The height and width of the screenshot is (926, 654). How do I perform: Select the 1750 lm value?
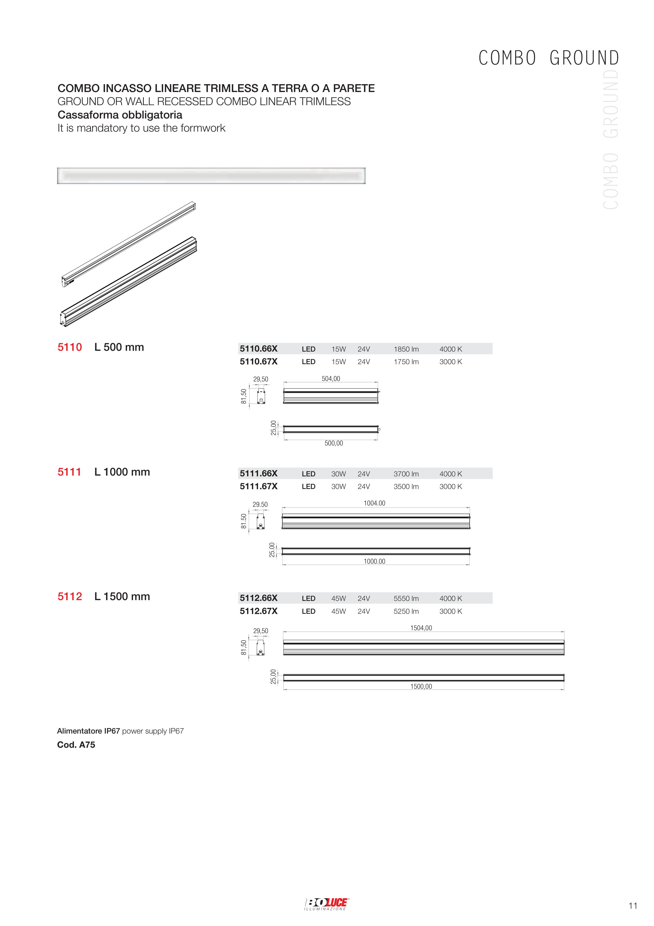pos(406,362)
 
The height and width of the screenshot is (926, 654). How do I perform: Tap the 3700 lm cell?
pos(406,474)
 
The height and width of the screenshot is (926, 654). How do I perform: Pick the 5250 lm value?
pos(406,611)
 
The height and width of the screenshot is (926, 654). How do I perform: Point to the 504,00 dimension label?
pos(331,379)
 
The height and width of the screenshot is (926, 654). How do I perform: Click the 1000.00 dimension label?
pos(374,561)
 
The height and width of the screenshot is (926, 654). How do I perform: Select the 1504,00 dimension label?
pos(421,628)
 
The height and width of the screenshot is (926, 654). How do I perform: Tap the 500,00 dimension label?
pos(334,443)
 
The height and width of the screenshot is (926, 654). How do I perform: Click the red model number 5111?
pos(69,472)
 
